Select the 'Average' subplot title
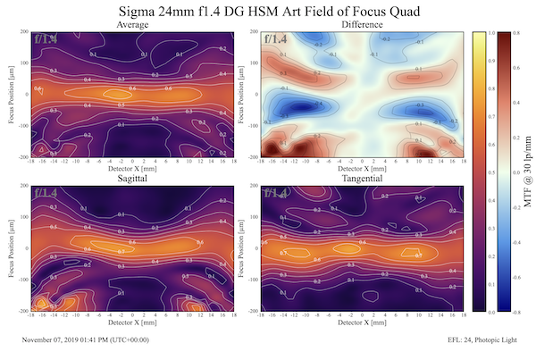point(132,25)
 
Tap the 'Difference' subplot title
point(362,25)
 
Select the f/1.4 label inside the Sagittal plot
point(46,193)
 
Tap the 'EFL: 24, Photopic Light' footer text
point(487,339)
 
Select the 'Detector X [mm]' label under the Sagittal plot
point(132,324)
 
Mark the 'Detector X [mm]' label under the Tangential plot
point(362,324)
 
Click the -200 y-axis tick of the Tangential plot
point(251,310)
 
